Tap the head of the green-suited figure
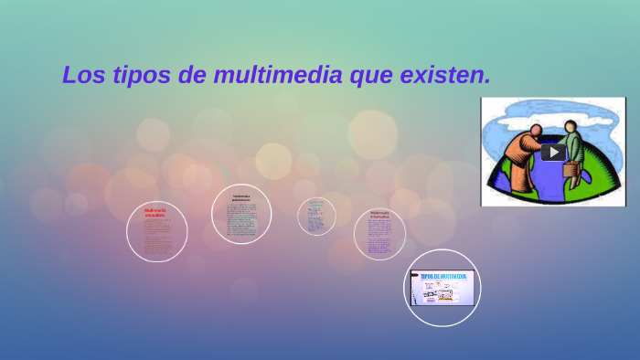[571, 127]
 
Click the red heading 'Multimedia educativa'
[155, 212]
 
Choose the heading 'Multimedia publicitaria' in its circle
[241, 197]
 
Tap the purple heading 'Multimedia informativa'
[379, 216]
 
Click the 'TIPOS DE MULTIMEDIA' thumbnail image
[443, 288]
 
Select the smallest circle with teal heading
[316, 217]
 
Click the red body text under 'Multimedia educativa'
[156, 239]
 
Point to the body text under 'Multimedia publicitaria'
[241, 219]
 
